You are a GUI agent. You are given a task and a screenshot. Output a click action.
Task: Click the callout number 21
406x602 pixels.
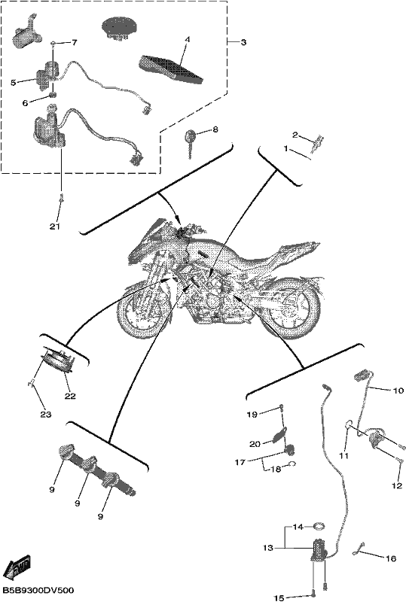pyautogui.click(x=54, y=227)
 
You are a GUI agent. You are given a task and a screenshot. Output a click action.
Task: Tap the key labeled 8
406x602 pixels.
pyautogui.click(x=190, y=143)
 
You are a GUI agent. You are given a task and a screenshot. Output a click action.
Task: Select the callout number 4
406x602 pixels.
pyautogui.click(x=188, y=39)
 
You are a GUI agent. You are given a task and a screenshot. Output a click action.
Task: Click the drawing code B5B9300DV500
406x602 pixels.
pyautogui.click(x=38, y=590)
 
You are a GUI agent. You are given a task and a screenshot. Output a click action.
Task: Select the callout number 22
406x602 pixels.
pyautogui.click(x=70, y=396)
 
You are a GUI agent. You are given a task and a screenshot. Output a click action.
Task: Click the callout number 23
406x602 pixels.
pyautogui.click(x=46, y=415)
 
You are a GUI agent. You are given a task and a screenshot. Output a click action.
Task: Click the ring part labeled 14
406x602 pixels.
pyautogui.click(x=319, y=526)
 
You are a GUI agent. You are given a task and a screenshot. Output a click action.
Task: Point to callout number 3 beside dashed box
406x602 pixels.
pyautogui.click(x=243, y=42)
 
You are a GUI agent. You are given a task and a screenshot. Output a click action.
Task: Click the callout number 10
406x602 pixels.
pyautogui.click(x=398, y=391)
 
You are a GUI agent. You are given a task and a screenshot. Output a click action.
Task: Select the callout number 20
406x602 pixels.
pyautogui.click(x=255, y=444)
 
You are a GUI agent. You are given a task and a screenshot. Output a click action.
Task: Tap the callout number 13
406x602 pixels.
pyautogui.click(x=268, y=548)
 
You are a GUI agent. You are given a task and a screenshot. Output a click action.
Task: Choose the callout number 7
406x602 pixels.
pyautogui.click(x=74, y=43)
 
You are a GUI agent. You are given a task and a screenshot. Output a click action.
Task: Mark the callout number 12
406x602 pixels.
pyautogui.click(x=397, y=485)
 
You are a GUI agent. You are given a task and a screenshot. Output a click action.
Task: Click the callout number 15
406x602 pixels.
pyautogui.click(x=279, y=597)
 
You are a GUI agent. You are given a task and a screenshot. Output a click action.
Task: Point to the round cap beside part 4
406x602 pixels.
pyautogui.click(x=119, y=27)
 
